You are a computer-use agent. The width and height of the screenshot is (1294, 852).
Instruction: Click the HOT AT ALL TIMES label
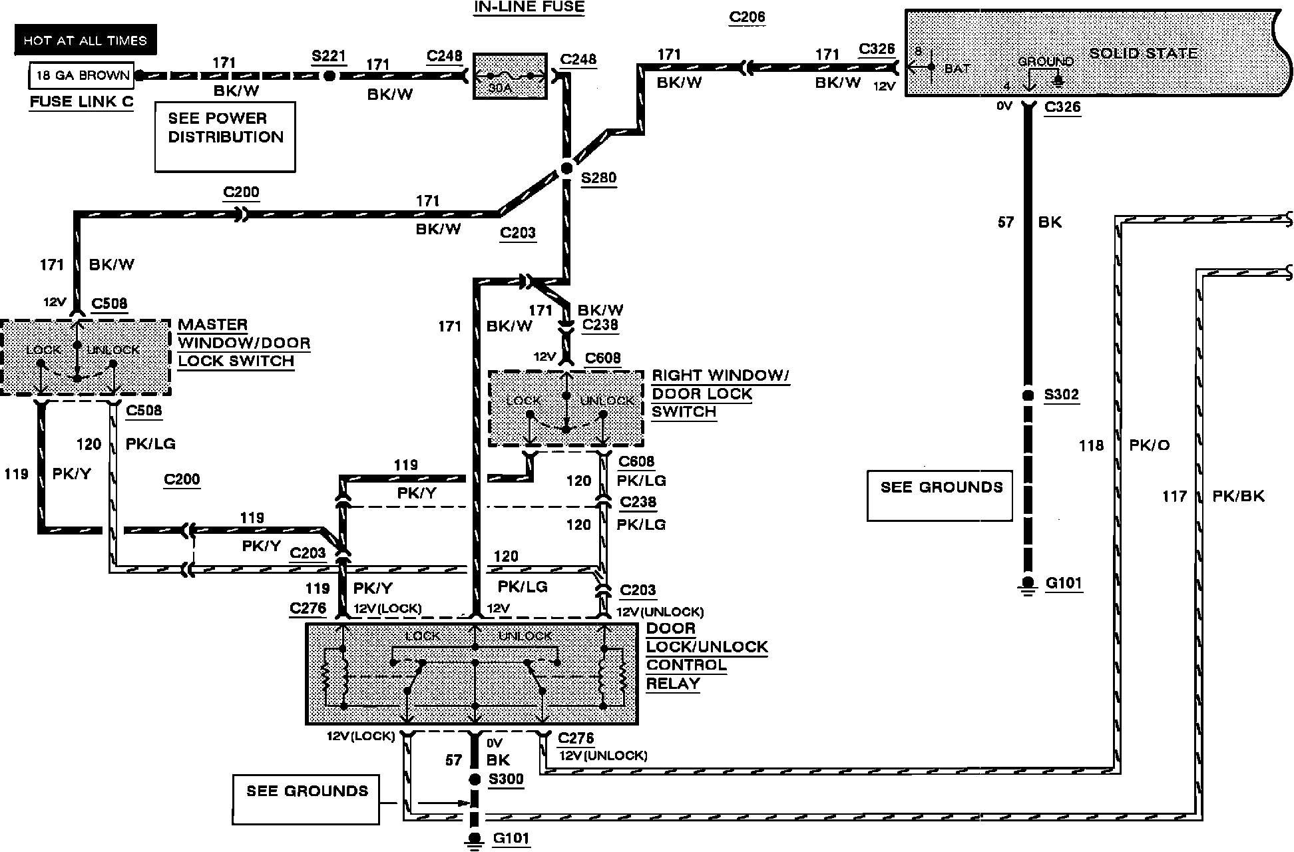[x=85, y=41]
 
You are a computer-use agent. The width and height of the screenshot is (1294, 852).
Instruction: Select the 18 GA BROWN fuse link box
[x=82, y=76]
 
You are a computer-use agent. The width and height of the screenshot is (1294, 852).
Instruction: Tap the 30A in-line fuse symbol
[x=510, y=77]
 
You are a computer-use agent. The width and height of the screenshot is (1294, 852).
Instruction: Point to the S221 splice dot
[x=329, y=76]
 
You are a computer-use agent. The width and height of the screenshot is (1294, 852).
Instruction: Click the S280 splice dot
[x=566, y=168]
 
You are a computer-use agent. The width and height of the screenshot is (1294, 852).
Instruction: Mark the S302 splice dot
[x=1028, y=395]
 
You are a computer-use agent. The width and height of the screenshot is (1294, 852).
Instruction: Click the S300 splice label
[x=506, y=779]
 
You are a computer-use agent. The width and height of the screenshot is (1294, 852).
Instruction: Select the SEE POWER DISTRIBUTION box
[x=225, y=136]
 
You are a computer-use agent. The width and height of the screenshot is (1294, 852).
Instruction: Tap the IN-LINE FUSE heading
[x=529, y=7]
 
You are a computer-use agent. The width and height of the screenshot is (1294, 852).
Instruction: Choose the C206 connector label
[x=747, y=17]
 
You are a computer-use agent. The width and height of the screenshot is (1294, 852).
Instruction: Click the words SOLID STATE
[x=1143, y=53]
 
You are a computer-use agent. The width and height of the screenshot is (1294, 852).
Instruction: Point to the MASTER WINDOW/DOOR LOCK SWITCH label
[x=244, y=343]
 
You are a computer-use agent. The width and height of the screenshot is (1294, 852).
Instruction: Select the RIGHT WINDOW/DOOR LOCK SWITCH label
[x=720, y=393]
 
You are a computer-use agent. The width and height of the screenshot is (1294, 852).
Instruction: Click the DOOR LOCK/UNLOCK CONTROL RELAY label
[x=707, y=656]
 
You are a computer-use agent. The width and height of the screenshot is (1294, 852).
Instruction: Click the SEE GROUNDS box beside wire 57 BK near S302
[x=940, y=495]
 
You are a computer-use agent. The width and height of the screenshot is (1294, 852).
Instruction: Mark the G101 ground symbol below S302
[x=1028, y=584]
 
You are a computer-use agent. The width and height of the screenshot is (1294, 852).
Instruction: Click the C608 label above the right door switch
[x=602, y=358]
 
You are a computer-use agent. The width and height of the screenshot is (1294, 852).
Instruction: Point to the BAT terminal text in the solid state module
[x=957, y=68]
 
